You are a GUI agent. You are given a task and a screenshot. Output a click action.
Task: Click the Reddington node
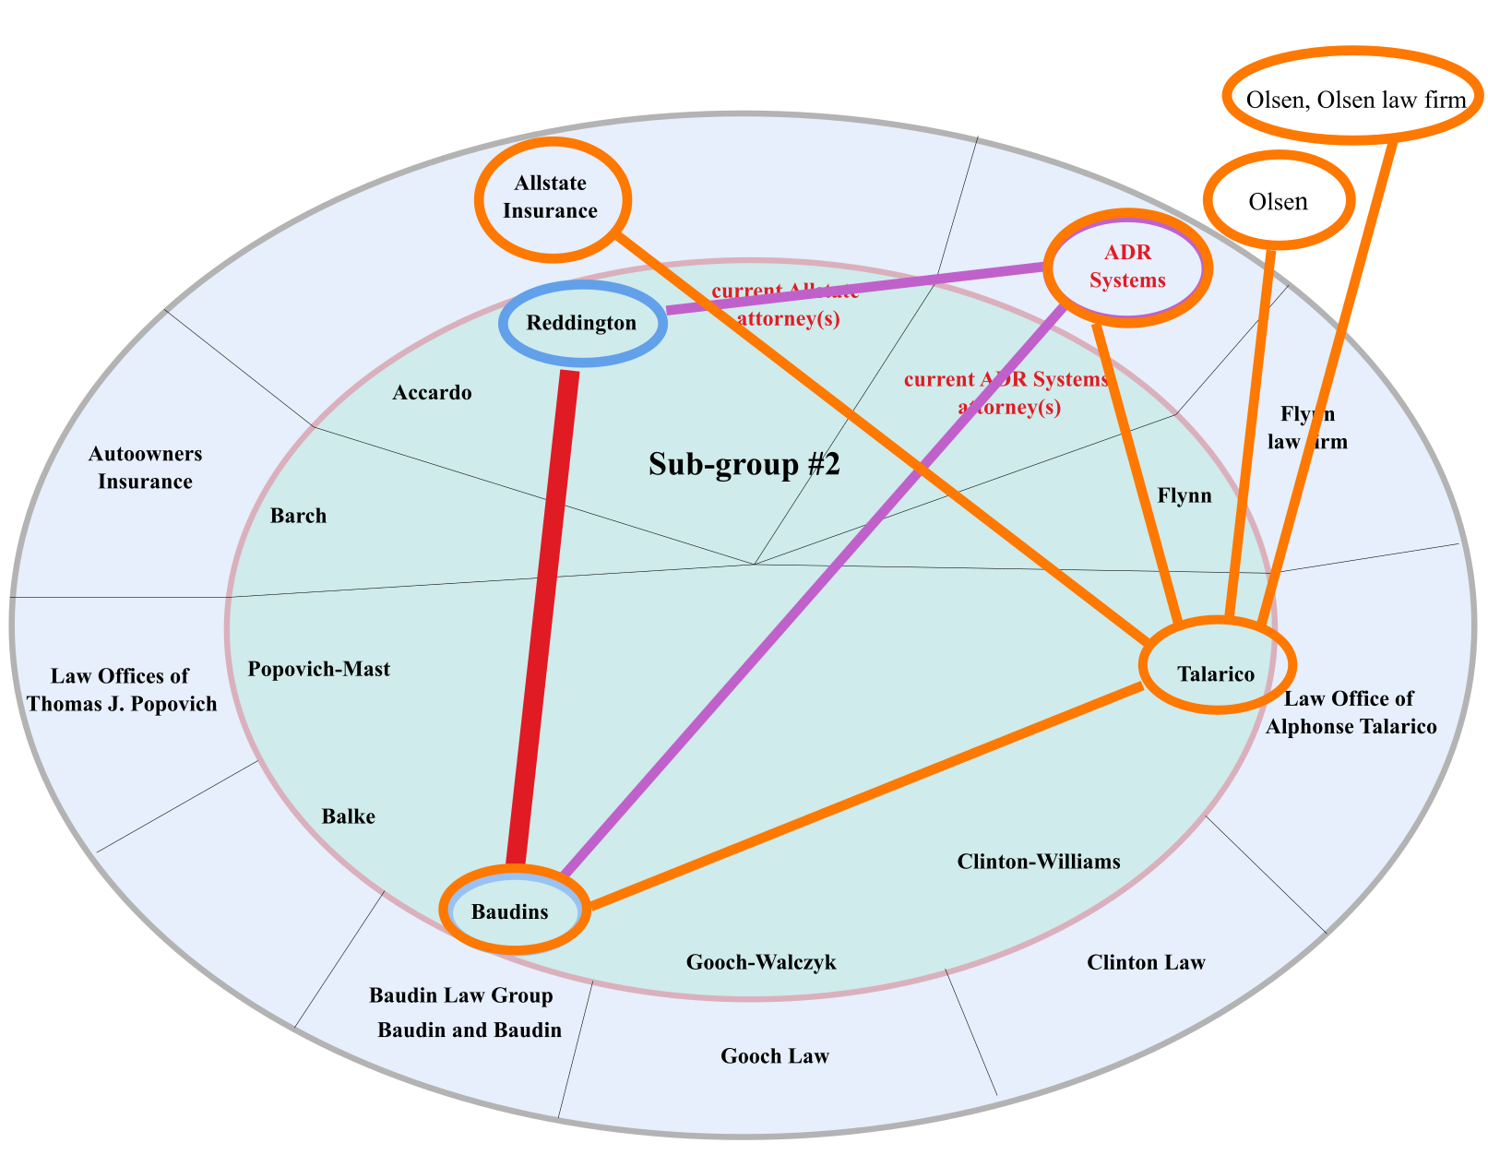click(582, 323)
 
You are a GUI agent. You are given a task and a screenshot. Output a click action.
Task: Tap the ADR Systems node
click(1127, 267)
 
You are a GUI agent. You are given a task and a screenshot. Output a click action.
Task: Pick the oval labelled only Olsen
click(1278, 201)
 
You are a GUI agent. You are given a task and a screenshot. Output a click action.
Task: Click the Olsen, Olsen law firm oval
click(1353, 98)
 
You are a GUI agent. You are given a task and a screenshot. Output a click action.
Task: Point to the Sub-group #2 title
click(744, 464)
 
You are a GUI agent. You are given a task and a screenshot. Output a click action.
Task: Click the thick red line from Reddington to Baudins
click(544, 618)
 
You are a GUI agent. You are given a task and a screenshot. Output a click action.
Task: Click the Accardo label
click(432, 393)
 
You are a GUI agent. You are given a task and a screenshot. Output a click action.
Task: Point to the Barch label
click(298, 516)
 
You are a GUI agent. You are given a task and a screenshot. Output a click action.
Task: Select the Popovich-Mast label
click(319, 669)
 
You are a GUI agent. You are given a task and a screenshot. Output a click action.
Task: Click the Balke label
click(348, 816)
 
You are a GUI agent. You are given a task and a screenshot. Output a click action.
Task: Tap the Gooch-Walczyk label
click(761, 963)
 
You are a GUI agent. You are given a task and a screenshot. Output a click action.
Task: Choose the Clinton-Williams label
click(1039, 862)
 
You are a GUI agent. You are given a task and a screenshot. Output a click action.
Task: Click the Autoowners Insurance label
click(145, 468)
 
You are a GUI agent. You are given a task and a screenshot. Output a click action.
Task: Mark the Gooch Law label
click(775, 1056)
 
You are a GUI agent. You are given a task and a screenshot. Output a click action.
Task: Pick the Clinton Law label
click(1146, 963)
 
